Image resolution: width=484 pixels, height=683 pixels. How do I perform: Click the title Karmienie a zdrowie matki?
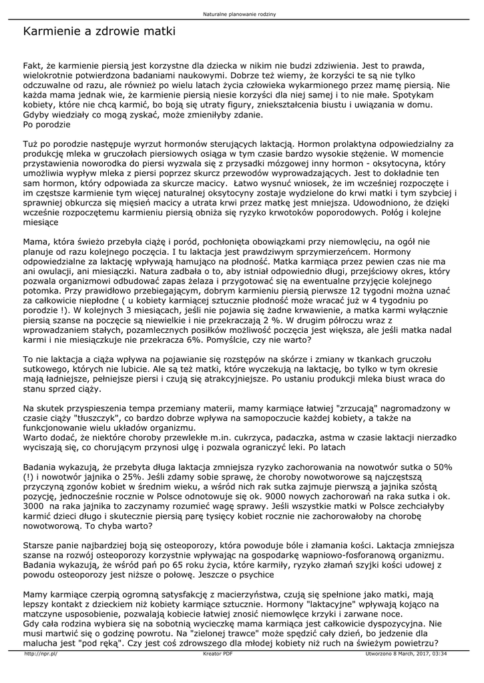(x=99, y=31)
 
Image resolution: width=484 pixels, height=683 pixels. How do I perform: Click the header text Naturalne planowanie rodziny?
(x=242, y=13)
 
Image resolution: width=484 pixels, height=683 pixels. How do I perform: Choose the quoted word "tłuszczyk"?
(x=90, y=418)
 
